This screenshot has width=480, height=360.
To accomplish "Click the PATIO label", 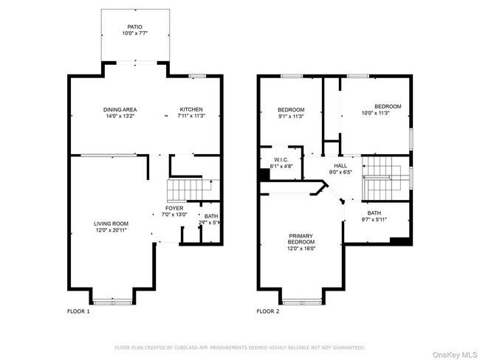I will coord(134,27).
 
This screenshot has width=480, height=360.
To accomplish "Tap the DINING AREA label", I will coord(120,110).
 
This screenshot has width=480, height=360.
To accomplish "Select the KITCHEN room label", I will coord(191,110).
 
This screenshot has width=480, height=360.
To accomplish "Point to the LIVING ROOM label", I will coord(111,224).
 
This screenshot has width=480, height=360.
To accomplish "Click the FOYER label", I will coord(174,209).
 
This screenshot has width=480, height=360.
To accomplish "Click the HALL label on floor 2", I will coord(340,166).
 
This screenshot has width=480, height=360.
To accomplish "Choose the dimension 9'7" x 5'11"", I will coord(375,219).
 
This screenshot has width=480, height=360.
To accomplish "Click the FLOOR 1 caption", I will coord(78,311).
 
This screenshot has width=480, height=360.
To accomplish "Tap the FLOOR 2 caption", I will coord(268,311).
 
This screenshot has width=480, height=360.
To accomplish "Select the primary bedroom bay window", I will coord(301,300).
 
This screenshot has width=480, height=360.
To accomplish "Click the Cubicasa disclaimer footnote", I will coord(240,346).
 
